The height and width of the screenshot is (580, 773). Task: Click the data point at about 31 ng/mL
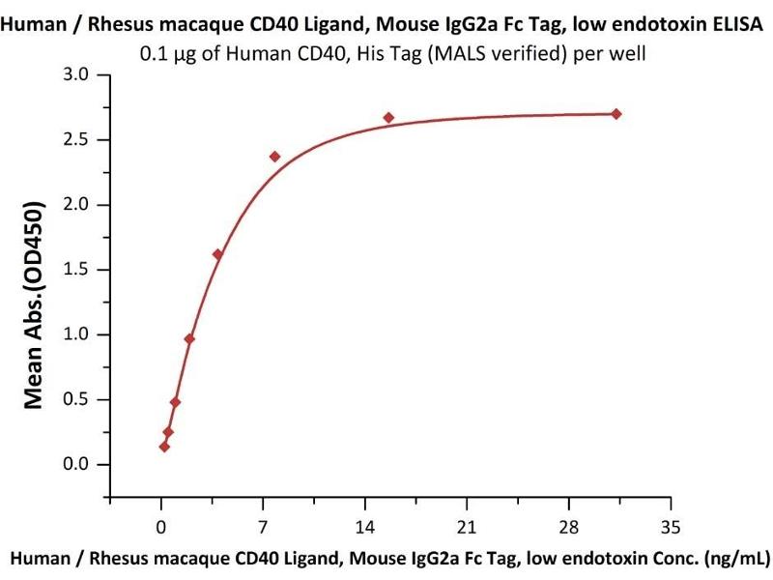click(x=616, y=114)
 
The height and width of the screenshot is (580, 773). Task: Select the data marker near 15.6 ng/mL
click(x=388, y=118)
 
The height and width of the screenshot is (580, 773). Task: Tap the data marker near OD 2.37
click(x=274, y=157)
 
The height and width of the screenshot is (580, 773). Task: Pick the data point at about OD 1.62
click(x=217, y=254)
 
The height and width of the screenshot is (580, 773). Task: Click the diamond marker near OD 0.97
click(x=189, y=338)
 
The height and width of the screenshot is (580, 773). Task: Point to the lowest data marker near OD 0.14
click(x=164, y=447)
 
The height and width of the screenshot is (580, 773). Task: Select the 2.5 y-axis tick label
click(x=85, y=140)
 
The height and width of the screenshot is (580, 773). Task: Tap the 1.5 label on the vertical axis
click(x=85, y=270)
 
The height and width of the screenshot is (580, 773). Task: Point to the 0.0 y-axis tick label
click(x=85, y=465)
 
